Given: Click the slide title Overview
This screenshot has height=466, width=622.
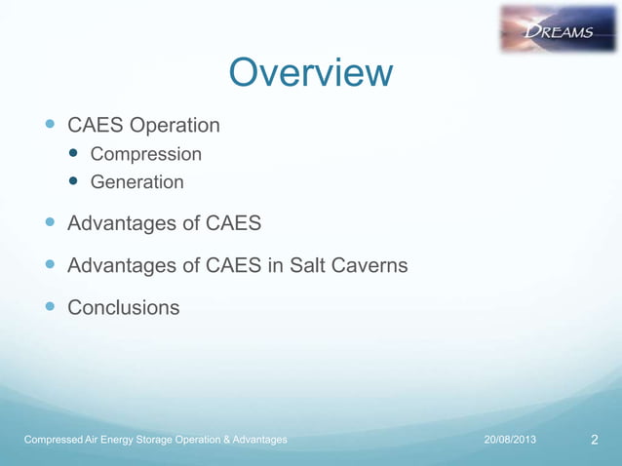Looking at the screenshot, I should [310, 72].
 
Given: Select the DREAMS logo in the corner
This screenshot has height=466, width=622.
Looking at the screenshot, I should [559, 28].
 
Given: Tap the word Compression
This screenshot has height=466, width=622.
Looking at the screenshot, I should [146, 154].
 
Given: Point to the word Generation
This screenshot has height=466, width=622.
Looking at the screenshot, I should [136, 181].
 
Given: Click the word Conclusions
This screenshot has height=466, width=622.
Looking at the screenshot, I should [123, 307].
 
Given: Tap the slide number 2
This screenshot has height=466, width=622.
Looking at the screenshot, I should [595, 441].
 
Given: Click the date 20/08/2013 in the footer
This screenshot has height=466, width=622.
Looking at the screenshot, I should [510, 441].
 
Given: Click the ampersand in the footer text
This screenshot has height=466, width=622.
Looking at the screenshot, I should [223, 441].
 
